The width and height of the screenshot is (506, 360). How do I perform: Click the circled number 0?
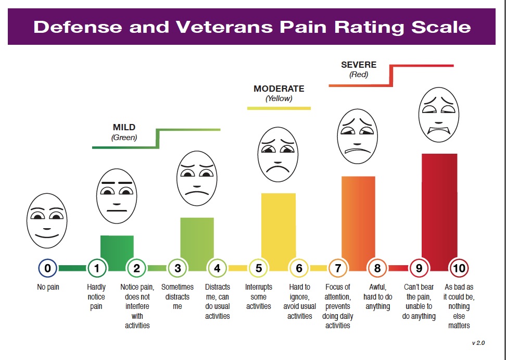tap(47, 268)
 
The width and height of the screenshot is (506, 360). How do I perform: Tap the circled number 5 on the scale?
tap(258, 268)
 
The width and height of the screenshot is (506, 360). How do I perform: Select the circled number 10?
tap(459, 268)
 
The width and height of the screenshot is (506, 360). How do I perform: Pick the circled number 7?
tap(338, 268)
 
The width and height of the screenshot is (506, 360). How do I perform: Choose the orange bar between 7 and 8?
tap(358, 221)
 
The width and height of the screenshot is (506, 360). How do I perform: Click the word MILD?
tap(124, 127)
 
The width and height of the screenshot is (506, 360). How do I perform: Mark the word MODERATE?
tap(279, 89)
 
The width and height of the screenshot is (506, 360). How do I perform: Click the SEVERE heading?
tap(358, 65)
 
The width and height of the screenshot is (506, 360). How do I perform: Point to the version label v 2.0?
tap(478, 343)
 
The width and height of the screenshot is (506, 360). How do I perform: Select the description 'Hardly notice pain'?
tap(96, 296)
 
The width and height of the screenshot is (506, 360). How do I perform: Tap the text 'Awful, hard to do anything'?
tap(377, 296)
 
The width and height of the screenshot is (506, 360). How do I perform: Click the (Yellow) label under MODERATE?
tap(279, 98)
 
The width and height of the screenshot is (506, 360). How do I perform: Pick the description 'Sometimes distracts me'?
tap(178, 296)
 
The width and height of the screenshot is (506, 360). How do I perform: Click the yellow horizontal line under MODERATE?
tap(279, 108)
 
